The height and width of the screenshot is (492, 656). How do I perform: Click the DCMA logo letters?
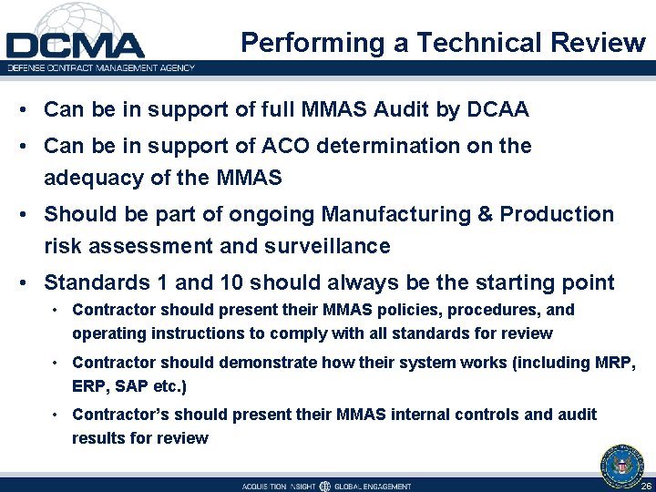click(76, 45)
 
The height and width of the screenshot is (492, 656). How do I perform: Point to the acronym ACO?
click(263, 146)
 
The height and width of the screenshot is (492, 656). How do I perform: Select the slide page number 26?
click(645, 485)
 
